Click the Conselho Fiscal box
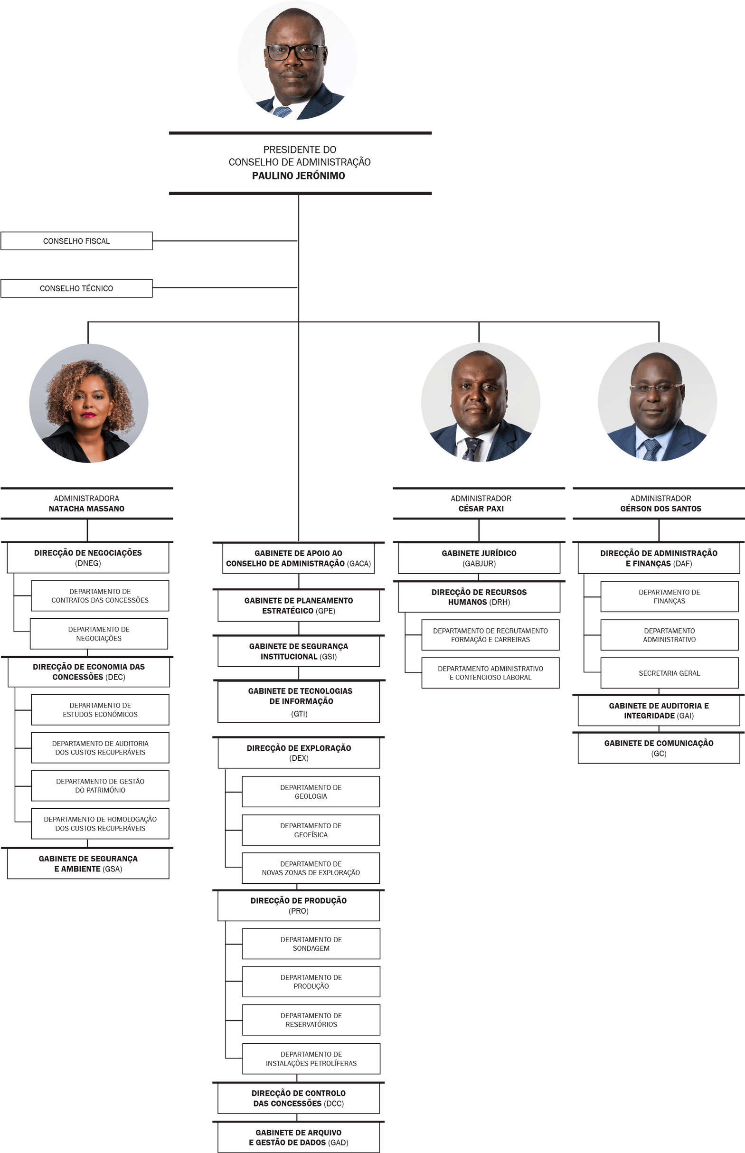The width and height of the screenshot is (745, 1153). tap(76, 241)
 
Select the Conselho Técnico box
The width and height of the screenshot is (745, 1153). tap(76, 288)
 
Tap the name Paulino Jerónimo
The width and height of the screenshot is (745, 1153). tap(299, 176)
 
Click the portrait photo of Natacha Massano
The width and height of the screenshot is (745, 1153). tap(88, 403)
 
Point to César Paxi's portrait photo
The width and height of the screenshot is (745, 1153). tap(481, 402)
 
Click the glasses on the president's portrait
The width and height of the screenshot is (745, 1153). tap(294, 51)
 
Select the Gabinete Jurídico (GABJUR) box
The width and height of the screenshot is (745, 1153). tap(479, 558)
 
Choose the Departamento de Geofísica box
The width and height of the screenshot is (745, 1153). tap(311, 830)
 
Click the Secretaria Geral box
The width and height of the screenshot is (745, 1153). tap(670, 673)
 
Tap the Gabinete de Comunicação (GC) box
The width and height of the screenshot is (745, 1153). tap(659, 748)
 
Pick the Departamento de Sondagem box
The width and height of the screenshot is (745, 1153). tap(311, 944)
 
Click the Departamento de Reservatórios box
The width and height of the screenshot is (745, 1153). tap(311, 1020)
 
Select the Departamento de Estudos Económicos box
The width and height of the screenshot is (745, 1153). tap(100, 710)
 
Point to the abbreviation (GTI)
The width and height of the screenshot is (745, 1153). tap(299, 714)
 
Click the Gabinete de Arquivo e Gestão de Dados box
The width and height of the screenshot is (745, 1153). tap(299, 1137)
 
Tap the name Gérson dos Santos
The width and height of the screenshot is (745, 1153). tap(661, 509)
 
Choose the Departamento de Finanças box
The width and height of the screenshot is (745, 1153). tap(670, 596)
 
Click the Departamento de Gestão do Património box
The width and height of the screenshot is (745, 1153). tap(100, 786)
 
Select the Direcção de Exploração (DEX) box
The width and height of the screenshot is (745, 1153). tap(299, 753)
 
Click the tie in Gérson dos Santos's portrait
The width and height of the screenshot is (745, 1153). tap(651, 450)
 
